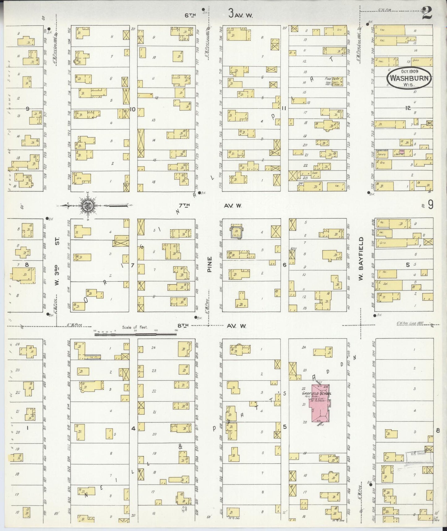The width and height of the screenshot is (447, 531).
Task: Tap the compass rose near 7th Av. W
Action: click(x=86, y=205)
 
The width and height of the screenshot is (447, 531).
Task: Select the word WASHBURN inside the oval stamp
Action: click(x=409, y=78)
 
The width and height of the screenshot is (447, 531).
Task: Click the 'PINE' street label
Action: click(x=209, y=264)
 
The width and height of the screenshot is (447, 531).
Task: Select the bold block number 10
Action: click(x=133, y=109)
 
